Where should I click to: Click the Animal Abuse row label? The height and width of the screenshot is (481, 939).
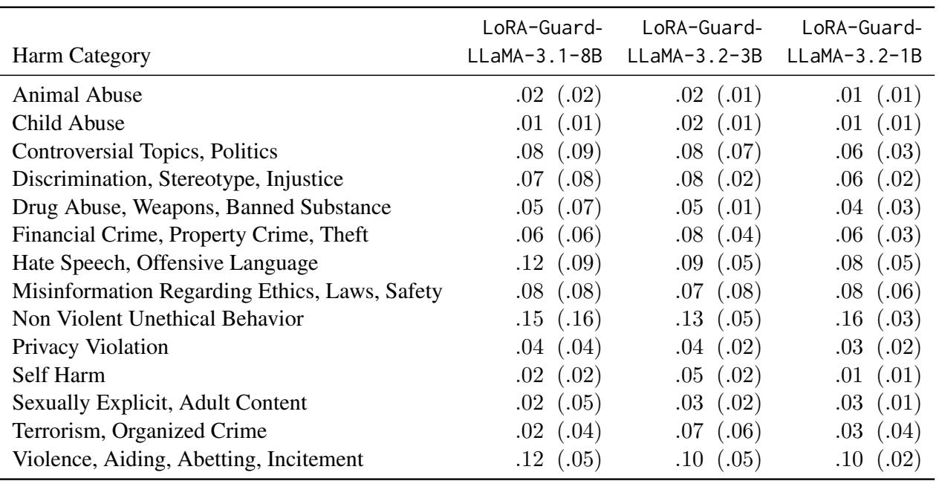(x=60, y=95)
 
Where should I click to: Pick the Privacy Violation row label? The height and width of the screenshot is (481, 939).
(x=73, y=346)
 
